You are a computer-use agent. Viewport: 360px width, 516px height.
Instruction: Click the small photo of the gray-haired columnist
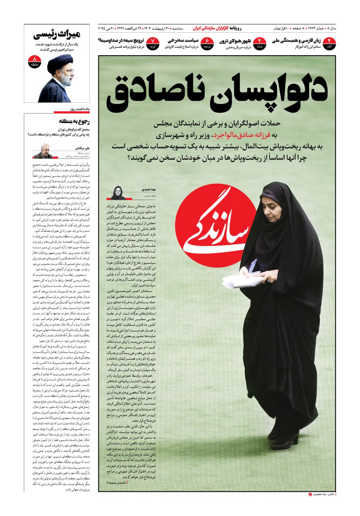[43, 151]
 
